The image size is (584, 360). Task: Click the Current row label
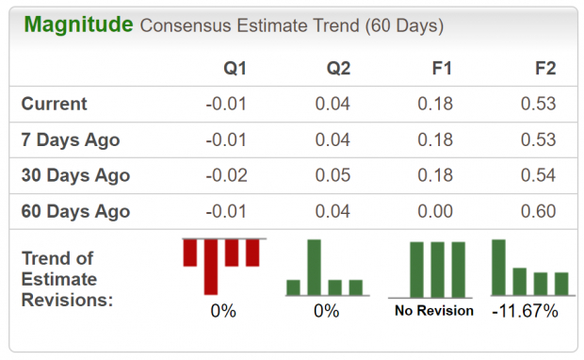coord(54,104)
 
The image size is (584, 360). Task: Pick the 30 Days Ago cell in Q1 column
coord(223,175)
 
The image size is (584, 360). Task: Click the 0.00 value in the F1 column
coord(436,211)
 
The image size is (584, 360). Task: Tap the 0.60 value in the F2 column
coord(538,211)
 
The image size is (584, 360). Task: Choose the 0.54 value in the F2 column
coord(538,175)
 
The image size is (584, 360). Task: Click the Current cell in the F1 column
coord(436,104)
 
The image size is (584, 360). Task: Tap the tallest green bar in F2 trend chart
coord(499,268)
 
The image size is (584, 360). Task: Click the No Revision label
coord(434,310)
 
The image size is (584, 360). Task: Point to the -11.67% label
coord(525,310)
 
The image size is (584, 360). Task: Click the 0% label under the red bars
coord(223,310)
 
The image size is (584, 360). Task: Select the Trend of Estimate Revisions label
coord(67,279)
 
